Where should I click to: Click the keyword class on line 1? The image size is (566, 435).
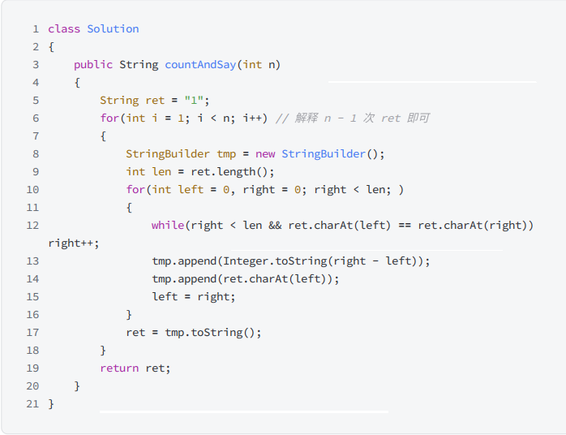coord(64,28)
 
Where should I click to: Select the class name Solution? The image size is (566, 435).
coord(113,28)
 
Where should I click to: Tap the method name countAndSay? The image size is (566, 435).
coord(200,64)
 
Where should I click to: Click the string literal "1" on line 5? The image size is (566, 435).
coord(194,100)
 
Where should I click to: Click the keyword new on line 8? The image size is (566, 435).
coord(265,153)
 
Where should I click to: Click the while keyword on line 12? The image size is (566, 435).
coord(168,225)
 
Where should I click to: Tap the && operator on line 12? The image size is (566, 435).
coord(275,225)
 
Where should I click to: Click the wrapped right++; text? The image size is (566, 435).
coord(74,243)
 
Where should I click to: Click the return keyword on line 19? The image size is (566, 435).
coord(119,368)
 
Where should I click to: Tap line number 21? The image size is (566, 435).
coord(32,403)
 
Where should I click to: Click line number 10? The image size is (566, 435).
coord(32,189)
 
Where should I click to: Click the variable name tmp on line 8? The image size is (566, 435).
coord(226,153)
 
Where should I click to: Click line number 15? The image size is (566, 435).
coord(32,296)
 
